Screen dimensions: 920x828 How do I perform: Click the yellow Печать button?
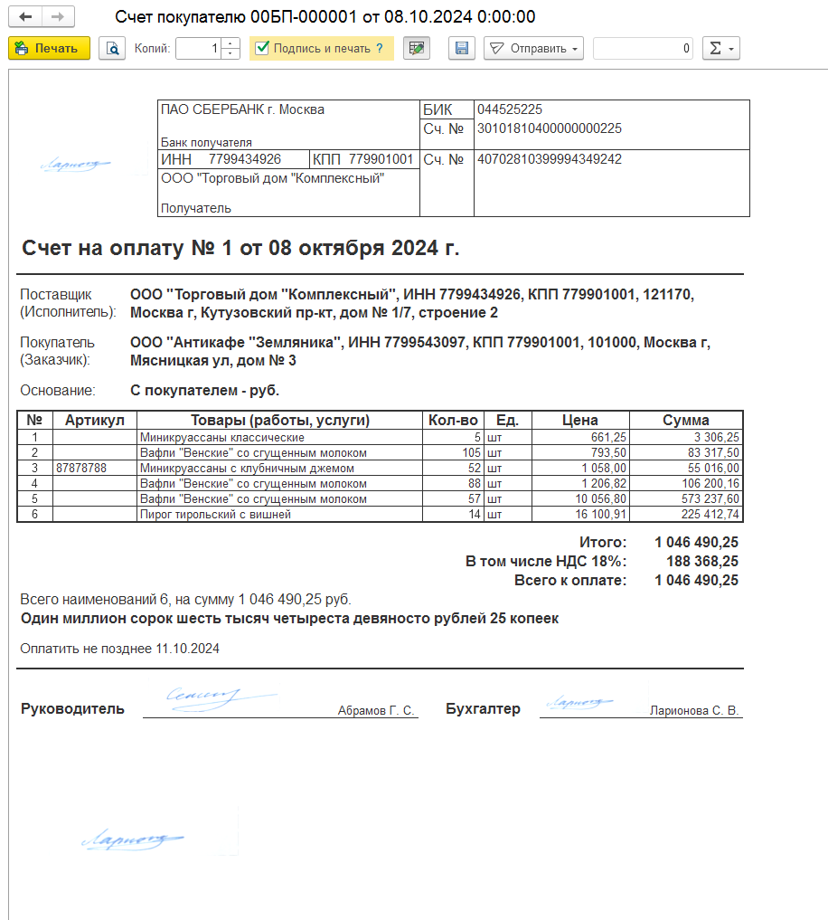pyautogui.click(x=49, y=49)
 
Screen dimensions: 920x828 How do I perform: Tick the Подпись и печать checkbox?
pyautogui.click(x=262, y=49)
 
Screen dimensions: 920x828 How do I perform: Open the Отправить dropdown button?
pyautogui.click(x=533, y=49)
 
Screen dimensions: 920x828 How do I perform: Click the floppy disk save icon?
pyautogui.click(x=461, y=49)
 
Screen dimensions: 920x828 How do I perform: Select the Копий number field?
pyautogui.click(x=199, y=49)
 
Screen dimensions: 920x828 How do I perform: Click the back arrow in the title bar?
pyautogui.click(x=25, y=17)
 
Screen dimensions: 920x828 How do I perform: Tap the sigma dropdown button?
pyautogui.click(x=720, y=49)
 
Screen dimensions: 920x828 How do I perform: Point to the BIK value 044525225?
pyautogui.click(x=510, y=109)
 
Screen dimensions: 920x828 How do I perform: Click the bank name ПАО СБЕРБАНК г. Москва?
pyautogui.click(x=242, y=109)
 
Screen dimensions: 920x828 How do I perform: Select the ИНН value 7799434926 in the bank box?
pyautogui.click(x=245, y=159)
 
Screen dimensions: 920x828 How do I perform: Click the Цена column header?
pyautogui.click(x=580, y=420)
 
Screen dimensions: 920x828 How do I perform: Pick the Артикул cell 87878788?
pyautogui.click(x=81, y=469)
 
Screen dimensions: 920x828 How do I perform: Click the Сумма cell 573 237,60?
pyautogui.click(x=705, y=498)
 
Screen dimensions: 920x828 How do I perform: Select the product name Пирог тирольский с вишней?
pyautogui.click(x=215, y=514)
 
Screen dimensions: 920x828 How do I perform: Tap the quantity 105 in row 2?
pyautogui.click(x=466, y=452)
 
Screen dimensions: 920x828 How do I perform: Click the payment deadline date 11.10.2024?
pyautogui.click(x=187, y=649)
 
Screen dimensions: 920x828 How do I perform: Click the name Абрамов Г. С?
pyautogui.click(x=376, y=711)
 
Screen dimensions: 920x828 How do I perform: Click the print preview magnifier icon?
pyautogui.click(x=112, y=49)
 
